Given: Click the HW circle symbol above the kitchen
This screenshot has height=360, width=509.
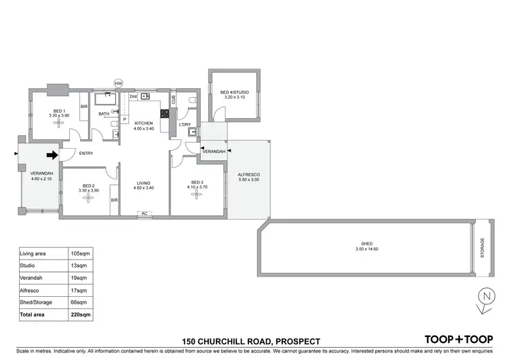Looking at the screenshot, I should pyautogui.click(x=118, y=84).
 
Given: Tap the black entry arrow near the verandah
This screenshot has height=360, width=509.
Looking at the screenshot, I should pyautogui.click(x=52, y=154).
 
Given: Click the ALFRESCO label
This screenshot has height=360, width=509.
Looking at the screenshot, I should pyautogui.click(x=248, y=176).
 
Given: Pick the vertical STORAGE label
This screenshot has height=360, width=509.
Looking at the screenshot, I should pyautogui.click(x=483, y=247).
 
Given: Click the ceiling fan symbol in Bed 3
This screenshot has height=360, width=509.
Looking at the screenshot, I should pyautogui.click(x=197, y=195).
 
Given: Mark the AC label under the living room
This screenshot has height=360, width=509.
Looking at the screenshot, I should pyautogui.click(x=144, y=214).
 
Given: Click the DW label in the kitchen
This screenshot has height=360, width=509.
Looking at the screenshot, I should pyautogui.click(x=133, y=97).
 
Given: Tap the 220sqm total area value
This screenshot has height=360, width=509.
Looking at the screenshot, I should pyautogui.click(x=81, y=316).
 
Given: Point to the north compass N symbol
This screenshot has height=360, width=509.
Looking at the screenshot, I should pyautogui.click(x=485, y=298).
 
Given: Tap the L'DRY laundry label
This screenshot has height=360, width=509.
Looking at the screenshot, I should pyautogui.click(x=184, y=126).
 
